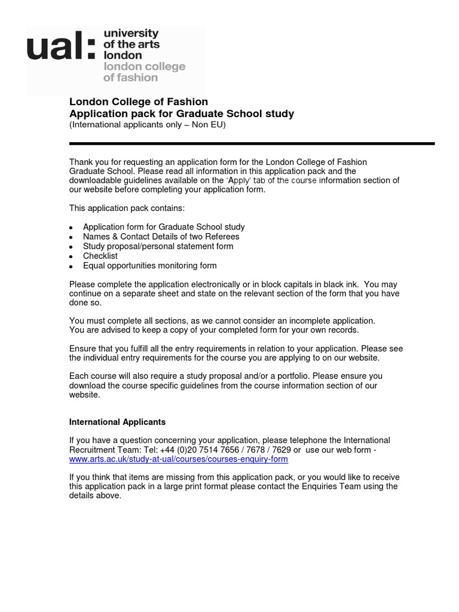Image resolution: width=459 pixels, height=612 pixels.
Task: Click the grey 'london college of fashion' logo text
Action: [144, 72]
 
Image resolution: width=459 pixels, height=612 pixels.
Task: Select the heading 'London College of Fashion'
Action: [139, 102]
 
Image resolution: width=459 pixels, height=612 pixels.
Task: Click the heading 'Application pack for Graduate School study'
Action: [182, 114]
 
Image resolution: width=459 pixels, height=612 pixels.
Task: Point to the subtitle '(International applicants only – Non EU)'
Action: [147, 125]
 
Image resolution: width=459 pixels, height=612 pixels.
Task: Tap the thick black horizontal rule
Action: [252, 143]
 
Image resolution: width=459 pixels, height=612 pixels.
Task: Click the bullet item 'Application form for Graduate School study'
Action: [164, 227]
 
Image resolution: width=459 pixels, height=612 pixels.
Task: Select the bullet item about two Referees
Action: [161, 237]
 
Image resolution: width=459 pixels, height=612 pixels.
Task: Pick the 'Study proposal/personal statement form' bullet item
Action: [158, 246]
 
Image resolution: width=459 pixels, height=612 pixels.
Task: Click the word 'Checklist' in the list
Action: [100, 256]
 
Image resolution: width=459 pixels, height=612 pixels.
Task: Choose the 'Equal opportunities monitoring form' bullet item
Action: [149, 265]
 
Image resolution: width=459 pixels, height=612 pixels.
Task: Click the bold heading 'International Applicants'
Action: [117, 422]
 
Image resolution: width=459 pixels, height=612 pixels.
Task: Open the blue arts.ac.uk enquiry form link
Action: [179, 459]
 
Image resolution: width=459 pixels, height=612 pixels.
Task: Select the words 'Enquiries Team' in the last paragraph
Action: [335, 486]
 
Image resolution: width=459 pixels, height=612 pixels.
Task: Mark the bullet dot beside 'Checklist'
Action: [71, 256]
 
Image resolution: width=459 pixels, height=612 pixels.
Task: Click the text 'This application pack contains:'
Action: [127, 208]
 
